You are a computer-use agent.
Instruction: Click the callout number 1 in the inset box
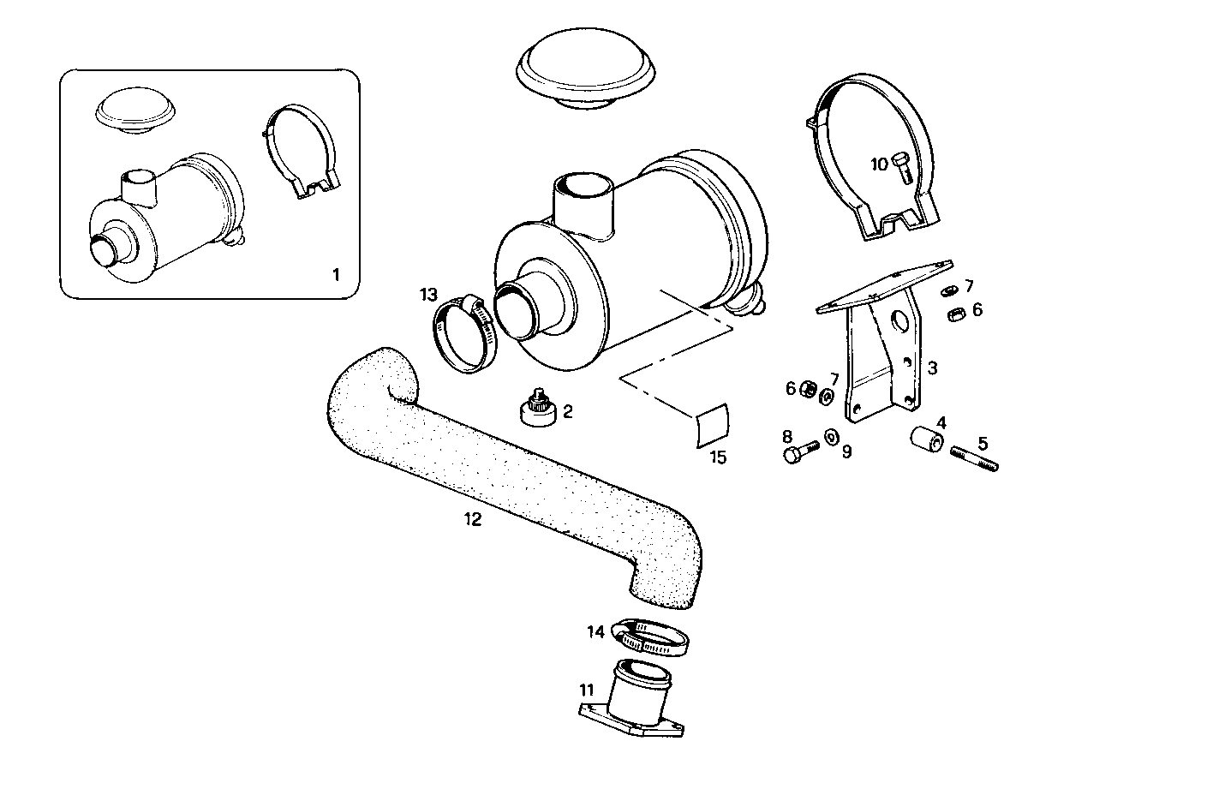click(336, 275)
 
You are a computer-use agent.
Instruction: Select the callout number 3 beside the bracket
click(932, 368)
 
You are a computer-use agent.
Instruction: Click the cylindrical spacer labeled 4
click(926, 439)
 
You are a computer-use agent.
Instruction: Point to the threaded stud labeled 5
click(974, 458)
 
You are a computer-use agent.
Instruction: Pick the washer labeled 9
click(832, 437)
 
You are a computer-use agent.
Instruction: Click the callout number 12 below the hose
click(472, 519)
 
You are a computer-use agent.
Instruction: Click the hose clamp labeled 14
click(652, 637)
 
